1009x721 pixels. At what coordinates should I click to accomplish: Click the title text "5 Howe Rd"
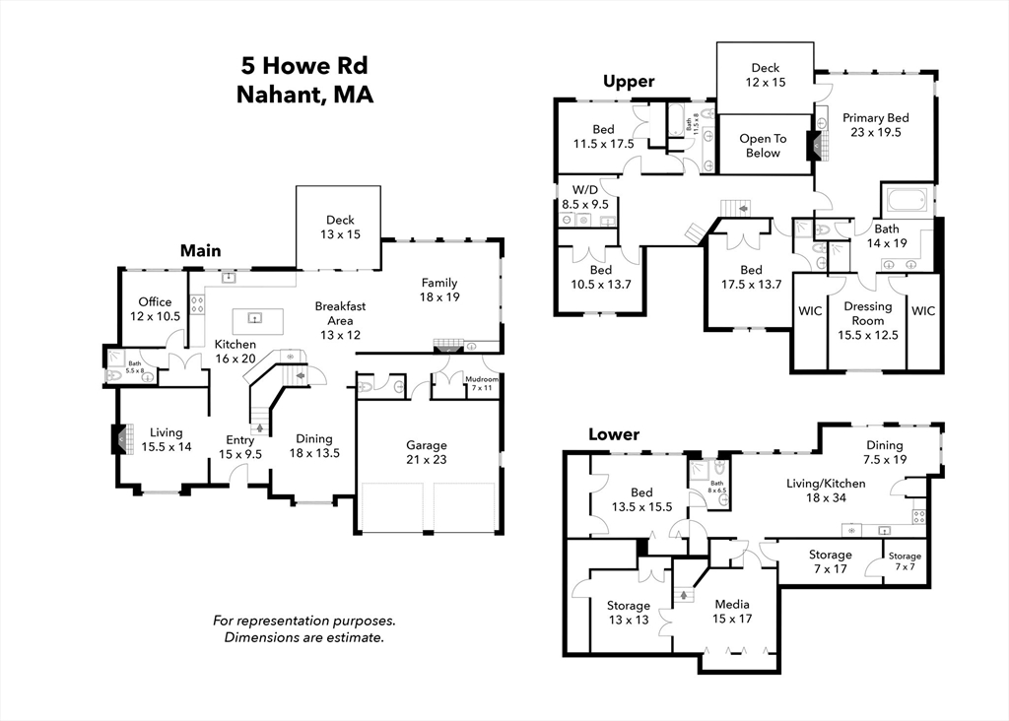coord(304,67)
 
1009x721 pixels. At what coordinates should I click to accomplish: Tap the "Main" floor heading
coord(200,251)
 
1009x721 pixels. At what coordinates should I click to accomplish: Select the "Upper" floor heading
coord(629,82)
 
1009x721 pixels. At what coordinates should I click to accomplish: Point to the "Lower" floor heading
coord(614,434)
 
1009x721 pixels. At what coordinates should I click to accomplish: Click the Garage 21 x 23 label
coord(427,452)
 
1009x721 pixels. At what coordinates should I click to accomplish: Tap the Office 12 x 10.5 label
coord(155,308)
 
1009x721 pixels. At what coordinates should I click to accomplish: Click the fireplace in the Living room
coord(119,438)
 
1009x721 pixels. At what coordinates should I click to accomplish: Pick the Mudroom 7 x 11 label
coord(482,383)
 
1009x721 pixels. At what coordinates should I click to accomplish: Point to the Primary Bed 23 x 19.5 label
coord(875,124)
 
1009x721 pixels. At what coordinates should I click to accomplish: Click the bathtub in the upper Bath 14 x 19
coord(908,201)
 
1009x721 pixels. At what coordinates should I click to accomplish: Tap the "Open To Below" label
coord(763,146)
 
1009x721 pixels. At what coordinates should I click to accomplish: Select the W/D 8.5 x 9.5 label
coord(584,197)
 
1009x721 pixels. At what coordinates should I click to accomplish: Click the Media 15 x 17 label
coord(732,612)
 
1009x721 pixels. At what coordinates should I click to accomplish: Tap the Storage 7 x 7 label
coord(905,561)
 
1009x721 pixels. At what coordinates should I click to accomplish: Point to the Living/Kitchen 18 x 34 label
coord(826,491)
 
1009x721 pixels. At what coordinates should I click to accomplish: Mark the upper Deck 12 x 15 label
coord(766,75)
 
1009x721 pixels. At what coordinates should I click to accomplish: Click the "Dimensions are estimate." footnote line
coord(303,637)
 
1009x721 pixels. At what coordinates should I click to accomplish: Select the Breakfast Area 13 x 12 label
coord(340,320)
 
